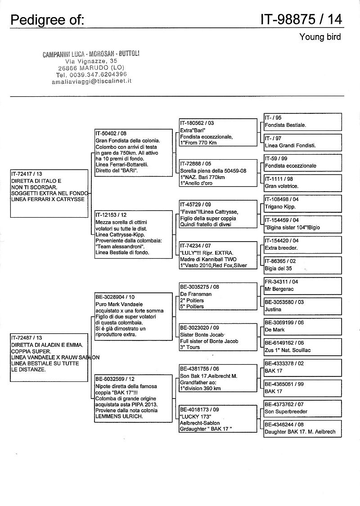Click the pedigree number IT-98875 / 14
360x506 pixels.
(301, 19)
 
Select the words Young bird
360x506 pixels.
(320, 37)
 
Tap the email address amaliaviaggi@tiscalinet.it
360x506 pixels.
(91, 81)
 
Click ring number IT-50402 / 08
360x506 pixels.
(111, 134)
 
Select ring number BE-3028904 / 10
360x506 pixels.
(115, 297)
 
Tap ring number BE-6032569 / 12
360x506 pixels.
(115, 379)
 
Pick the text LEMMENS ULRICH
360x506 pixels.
(119, 416)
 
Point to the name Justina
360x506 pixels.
(273, 309)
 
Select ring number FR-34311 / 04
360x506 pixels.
(281, 282)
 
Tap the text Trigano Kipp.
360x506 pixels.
(280, 206)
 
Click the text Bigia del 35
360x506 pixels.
(279, 268)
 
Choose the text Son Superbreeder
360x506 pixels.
(286, 412)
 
